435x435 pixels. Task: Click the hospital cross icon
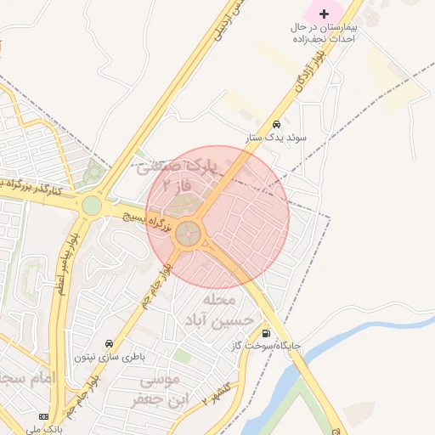pyautogui.click(x=323, y=13)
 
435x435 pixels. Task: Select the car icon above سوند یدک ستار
pyautogui.click(x=275, y=124)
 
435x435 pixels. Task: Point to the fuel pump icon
pyautogui.click(x=268, y=334)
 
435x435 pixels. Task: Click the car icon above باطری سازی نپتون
pyautogui.click(x=110, y=344)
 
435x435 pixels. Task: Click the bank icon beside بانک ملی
pyautogui.click(x=44, y=417)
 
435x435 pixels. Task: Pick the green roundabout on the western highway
pyautogui.click(x=91, y=205)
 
